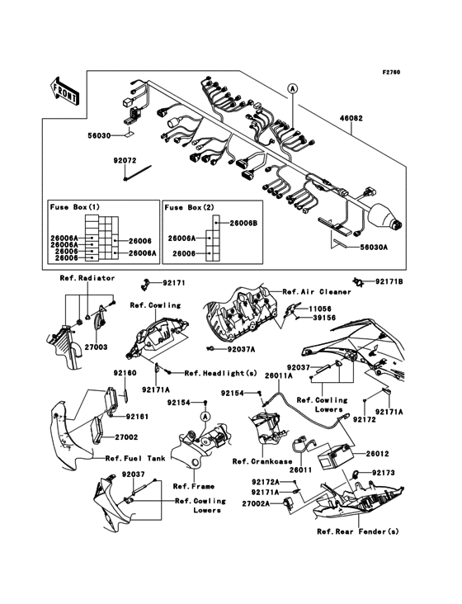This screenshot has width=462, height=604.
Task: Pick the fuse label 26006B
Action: tap(243, 223)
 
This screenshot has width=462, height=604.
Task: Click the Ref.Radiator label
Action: tap(87, 278)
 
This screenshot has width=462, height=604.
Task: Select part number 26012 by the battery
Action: tap(377, 453)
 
